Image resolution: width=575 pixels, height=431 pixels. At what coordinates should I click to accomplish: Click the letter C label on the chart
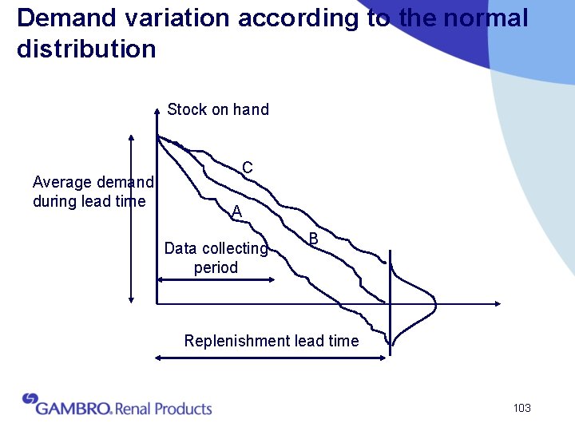[248, 168]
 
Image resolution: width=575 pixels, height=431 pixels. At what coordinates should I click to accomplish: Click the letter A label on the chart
[236, 212]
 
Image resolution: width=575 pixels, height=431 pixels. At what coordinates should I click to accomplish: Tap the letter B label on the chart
[314, 239]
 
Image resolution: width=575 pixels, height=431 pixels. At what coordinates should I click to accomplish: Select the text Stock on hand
[218, 109]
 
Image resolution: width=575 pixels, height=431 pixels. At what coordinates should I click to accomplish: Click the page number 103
[521, 409]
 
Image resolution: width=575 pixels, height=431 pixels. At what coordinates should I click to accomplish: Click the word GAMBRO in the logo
[73, 408]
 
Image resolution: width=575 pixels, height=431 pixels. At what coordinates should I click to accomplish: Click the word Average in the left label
[61, 182]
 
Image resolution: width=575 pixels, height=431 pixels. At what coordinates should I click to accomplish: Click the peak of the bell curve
[434, 303]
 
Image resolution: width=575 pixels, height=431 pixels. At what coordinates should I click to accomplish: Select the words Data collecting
[216, 248]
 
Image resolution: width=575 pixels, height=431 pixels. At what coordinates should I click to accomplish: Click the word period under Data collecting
[216, 267]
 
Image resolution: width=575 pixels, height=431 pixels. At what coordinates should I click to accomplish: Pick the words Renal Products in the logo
[164, 409]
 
